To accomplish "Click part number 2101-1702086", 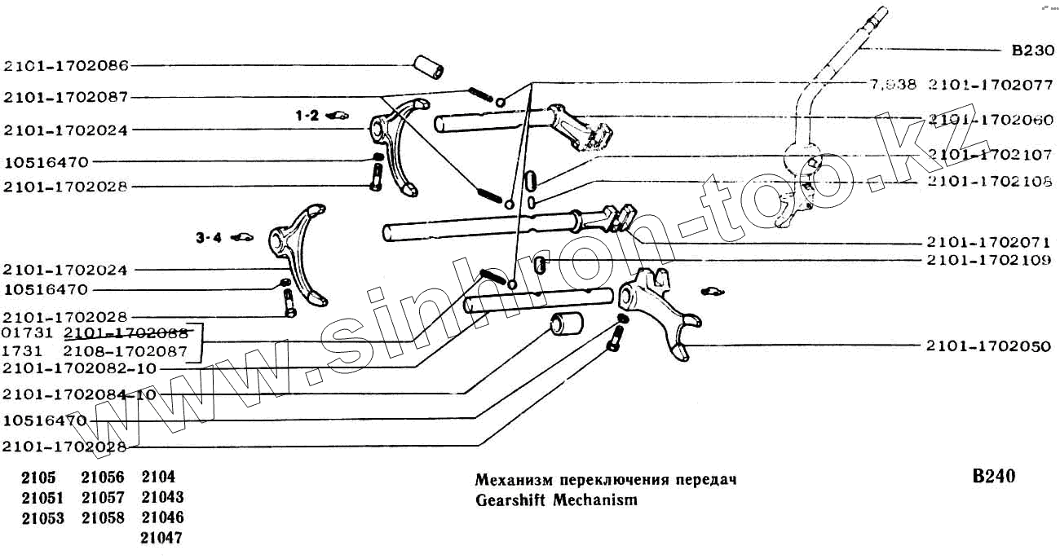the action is (x=66, y=65).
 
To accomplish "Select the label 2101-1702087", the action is (x=66, y=97).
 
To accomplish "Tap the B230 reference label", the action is (x=1032, y=51).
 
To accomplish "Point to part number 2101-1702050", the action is (x=988, y=346).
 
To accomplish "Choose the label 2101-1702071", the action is (x=988, y=242).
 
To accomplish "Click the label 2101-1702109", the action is (x=988, y=260).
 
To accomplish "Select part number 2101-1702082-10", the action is (x=79, y=368).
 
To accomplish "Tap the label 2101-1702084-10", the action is (x=79, y=394).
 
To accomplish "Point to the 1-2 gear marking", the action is (x=307, y=117).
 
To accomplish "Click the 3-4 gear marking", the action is (x=208, y=239).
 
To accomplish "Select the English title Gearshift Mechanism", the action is (x=556, y=500).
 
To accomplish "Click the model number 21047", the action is (x=162, y=538).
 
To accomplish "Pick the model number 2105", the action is (x=39, y=477).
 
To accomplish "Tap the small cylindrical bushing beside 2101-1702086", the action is (x=430, y=67).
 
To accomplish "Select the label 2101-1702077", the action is (x=990, y=84).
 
